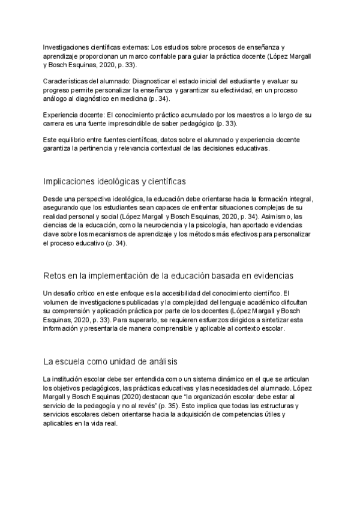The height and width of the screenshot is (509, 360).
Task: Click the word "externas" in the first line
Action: [x=134, y=47]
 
